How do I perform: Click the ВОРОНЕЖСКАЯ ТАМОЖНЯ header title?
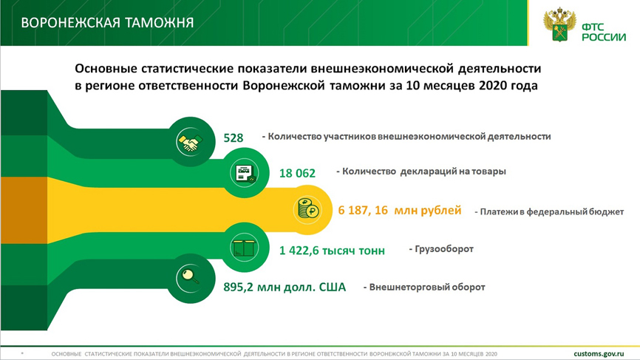107,22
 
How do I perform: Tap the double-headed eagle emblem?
559,24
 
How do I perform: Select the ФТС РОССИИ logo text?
604,33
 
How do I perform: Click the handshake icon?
190,142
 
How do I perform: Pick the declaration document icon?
244,173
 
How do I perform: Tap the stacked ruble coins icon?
307,210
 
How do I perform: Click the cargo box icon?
244,248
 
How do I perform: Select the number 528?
233,138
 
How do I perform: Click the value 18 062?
297,173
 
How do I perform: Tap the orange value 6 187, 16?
363,210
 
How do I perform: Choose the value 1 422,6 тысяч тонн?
332,250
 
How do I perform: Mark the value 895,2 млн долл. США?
284,287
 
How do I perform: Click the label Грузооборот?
441,249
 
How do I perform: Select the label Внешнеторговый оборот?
424,287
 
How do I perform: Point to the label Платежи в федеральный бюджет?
549,212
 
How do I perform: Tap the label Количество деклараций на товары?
421,171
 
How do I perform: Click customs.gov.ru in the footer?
599,354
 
